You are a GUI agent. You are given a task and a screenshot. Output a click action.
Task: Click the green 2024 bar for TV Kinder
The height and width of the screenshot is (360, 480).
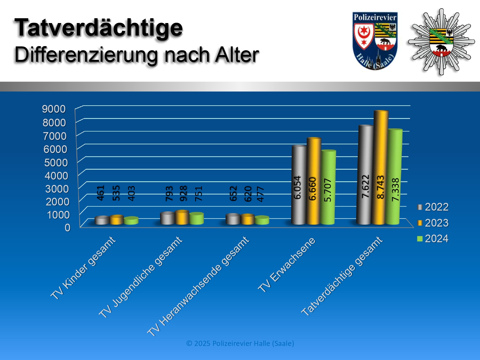tap(131, 221)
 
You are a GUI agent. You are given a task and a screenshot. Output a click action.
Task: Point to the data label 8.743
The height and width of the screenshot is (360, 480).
tap(380, 187)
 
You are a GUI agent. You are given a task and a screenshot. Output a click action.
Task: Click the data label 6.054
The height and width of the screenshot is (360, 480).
tap(298, 188)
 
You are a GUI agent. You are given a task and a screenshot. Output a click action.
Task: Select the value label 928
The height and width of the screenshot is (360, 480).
tap(183, 194)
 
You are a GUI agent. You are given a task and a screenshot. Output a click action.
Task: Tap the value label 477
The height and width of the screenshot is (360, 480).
tap(261, 194)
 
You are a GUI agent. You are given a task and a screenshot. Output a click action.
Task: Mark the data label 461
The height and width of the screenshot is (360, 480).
tap(101, 193)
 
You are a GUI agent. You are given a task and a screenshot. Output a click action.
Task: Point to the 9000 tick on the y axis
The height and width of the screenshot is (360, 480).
tap(54, 109)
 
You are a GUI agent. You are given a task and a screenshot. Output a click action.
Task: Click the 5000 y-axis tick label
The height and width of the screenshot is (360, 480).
tap(56, 163)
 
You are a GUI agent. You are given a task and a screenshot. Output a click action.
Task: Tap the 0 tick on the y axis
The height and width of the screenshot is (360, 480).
tap(68, 228)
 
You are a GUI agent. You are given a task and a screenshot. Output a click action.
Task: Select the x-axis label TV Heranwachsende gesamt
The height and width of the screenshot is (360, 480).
tap(198, 286)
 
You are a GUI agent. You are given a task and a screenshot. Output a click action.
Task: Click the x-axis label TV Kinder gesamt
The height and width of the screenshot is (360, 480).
tap(83, 268)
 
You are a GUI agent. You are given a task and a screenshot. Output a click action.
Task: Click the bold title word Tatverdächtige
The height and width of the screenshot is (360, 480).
tap(99, 28)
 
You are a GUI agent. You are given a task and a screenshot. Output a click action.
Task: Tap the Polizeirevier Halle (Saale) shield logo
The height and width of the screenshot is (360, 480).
tap(375, 41)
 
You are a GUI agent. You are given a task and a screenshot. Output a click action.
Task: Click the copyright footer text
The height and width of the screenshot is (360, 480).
tap(240, 344)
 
